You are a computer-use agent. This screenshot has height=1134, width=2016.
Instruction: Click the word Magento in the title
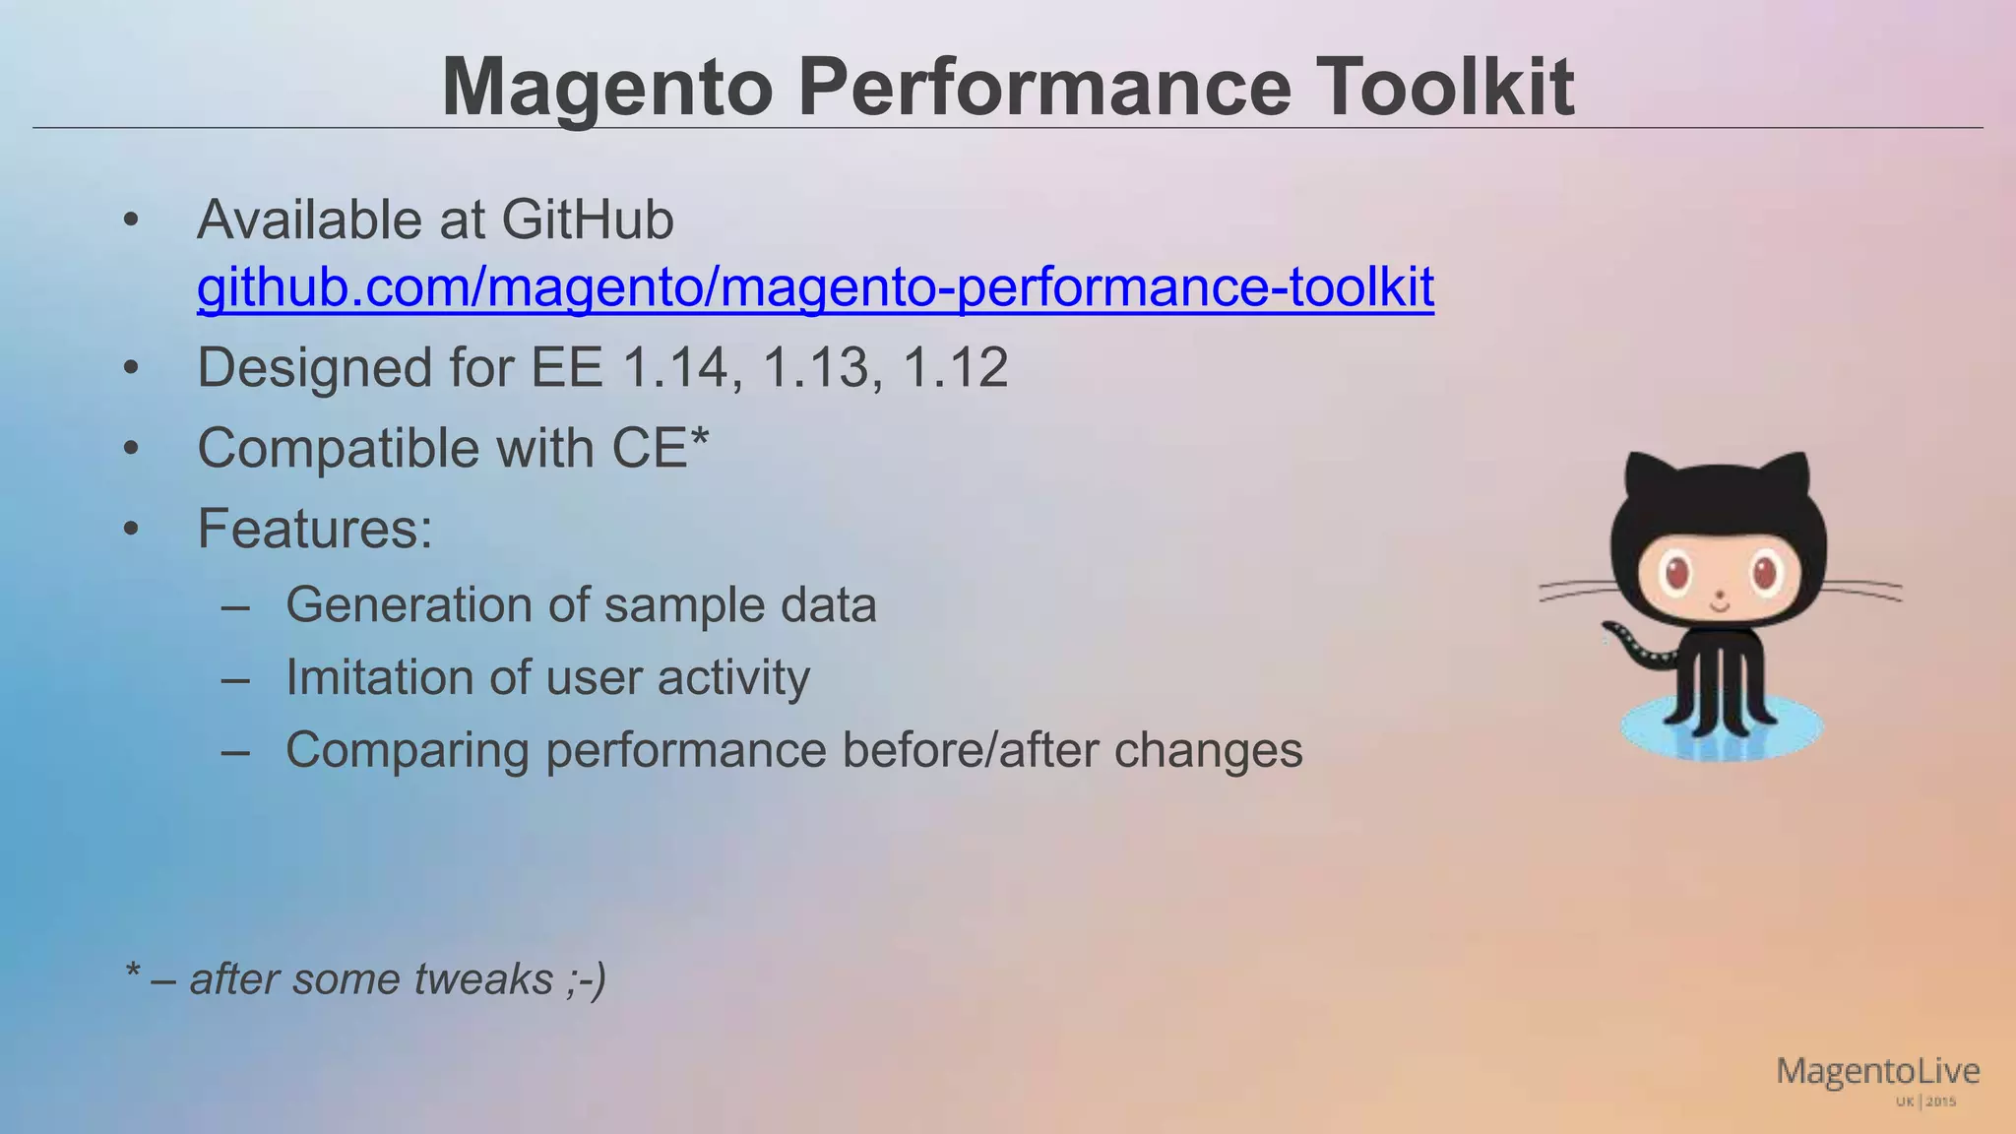click(608, 89)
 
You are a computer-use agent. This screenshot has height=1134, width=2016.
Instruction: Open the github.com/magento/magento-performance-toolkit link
click(815, 287)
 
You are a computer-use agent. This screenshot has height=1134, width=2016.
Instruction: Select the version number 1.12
click(956, 368)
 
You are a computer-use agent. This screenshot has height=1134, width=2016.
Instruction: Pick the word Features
click(314, 529)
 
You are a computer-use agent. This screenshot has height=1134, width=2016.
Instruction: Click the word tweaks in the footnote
click(483, 979)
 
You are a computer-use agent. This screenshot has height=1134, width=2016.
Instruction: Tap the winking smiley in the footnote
click(587, 979)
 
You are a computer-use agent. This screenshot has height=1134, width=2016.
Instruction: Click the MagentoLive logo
click(1878, 1079)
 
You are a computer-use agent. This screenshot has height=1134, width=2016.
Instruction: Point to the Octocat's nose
click(1720, 595)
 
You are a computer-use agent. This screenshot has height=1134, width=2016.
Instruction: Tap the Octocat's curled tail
click(1634, 646)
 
